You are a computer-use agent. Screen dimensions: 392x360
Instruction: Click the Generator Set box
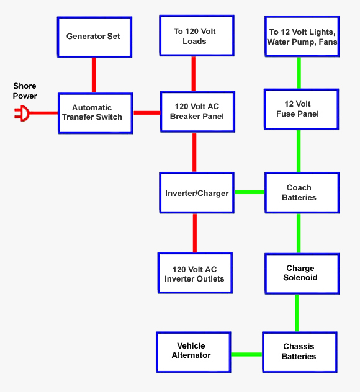pyautogui.click(x=94, y=37)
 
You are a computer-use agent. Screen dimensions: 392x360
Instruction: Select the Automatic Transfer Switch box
pyautogui.click(x=96, y=113)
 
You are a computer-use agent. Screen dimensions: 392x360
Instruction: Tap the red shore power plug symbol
pyautogui.click(x=22, y=114)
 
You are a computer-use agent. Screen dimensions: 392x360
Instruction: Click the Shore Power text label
pyautogui.click(x=25, y=91)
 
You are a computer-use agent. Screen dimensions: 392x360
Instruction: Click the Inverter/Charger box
pyautogui.click(x=197, y=193)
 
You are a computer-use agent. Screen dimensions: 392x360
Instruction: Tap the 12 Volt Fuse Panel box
pyautogui.click(x=302, y=109)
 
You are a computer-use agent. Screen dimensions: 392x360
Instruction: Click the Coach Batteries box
pyautogui.click(x=302, y=193)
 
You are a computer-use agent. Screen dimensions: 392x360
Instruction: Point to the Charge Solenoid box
pyautogui.click(x=301, y=274)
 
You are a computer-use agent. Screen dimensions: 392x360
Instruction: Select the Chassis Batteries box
pyautogui.click(x=299, y=352)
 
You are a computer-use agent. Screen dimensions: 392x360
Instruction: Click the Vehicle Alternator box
pyautogui.click(x=192, y=351)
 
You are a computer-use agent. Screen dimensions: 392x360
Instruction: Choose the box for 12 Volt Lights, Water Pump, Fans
pyautogui.click(x=302, y=37)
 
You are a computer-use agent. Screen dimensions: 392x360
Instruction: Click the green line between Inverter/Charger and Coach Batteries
pyautogui.click(x=250, y=192)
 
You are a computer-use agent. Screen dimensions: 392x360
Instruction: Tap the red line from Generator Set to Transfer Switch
pyautogui.click(x=94, y=75)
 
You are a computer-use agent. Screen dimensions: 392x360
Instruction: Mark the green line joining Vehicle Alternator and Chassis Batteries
pyautogui.click(x=246, y=354)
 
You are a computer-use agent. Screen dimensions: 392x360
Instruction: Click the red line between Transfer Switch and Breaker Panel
pyautogui.click(x=146, y=113)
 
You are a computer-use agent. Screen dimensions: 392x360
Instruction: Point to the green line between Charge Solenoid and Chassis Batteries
pyautogui.click(x=297, y=313)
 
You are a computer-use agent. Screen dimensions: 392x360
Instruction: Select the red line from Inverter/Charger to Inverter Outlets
pyautogui.click(x=195, y=233)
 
